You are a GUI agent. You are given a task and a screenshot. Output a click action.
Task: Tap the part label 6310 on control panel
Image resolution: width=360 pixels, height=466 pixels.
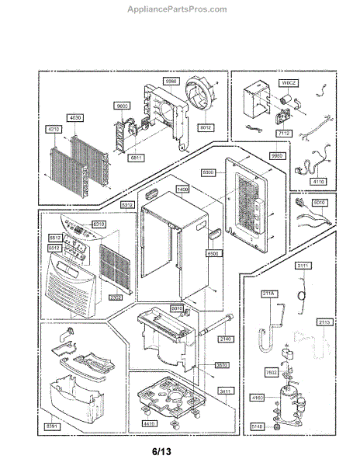[99, 224]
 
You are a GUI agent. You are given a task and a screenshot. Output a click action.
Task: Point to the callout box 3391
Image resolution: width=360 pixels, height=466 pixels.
[51, 426]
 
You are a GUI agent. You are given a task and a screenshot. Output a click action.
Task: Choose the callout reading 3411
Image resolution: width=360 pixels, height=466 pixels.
[225, 391]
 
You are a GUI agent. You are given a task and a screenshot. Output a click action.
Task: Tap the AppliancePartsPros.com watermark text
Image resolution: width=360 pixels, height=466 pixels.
[179, 9]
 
